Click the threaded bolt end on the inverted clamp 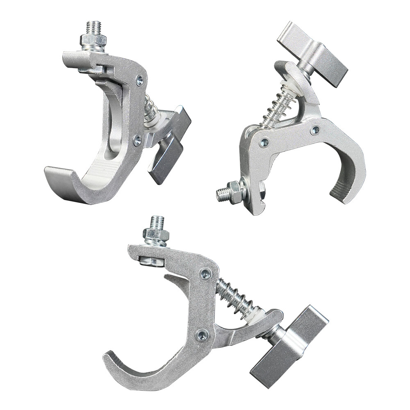click(x=222, y=194)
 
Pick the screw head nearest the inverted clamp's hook click(x=315, y=130)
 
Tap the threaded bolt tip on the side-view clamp click(x=157, y=222)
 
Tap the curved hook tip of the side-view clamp click(x=112, y=360)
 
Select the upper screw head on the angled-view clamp click(x=140, y=81)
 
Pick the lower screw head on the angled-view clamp click(x=137, y=141)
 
